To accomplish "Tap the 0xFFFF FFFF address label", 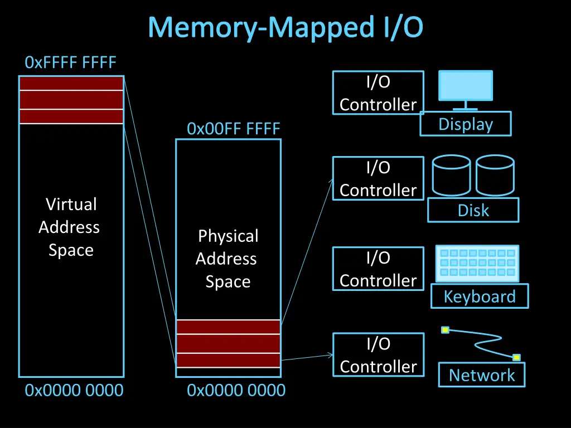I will tap(71, 62).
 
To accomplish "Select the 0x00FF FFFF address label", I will tap(233, 129).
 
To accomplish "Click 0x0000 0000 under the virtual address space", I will tap(74, 391).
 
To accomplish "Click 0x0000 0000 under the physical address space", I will tap(236, 391).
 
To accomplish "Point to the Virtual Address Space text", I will tap(70, 227).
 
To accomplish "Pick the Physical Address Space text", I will tap(227, 259).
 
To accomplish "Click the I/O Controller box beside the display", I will tap(378, 93).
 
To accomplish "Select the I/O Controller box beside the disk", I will tap(378, 178).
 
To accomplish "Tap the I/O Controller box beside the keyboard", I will tap(378, 269).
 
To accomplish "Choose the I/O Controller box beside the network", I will tap(378, 354).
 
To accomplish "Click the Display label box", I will tap(466, 124).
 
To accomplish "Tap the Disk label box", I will tap(473, 210).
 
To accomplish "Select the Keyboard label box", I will tap(479, 296).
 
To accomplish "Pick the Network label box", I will tap(481, 374).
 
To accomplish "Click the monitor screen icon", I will tap(466, 86).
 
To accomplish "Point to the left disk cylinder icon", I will tap(451, 176).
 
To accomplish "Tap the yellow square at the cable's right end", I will tap(516, 357).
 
